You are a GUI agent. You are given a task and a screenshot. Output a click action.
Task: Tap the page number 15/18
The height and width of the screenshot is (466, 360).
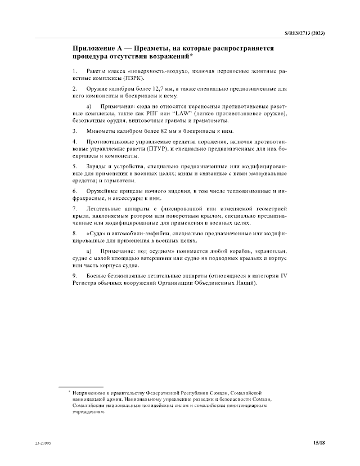[319, 443]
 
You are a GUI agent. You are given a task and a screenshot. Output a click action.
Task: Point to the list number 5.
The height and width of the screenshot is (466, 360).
[75, 166]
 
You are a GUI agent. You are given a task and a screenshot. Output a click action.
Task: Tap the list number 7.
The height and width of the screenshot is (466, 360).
[75, 209]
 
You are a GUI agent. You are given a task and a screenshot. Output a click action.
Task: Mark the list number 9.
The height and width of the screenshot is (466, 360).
[75, 275]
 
